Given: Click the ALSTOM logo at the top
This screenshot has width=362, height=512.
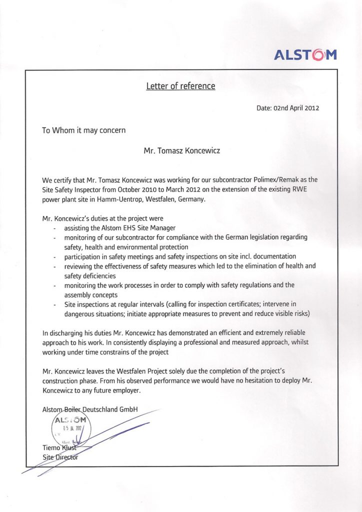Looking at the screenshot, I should pos(305,54).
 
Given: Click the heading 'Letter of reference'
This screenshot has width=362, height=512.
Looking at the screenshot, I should pos(180,86).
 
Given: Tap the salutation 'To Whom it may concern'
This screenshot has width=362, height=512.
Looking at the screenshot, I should pos(83,130).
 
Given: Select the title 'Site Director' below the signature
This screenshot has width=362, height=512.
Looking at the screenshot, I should pos(60,457).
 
